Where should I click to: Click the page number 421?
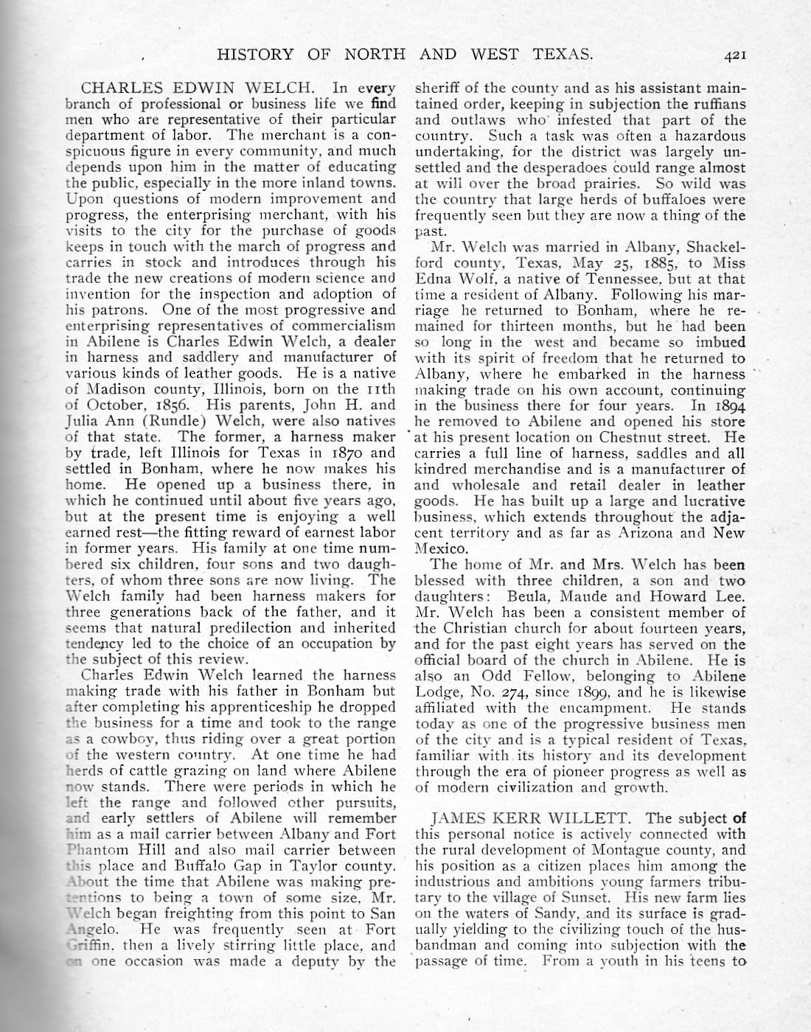pyautogui.click(x=737, y=55)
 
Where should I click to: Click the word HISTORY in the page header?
pyautogui.click(x=254, y=55)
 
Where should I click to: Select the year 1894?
pyautogui.click(x=729, y=406)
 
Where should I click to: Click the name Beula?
pyautogui.click(x=526, y=596)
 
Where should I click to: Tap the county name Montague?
pyautogui.click(x=624, y=849)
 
